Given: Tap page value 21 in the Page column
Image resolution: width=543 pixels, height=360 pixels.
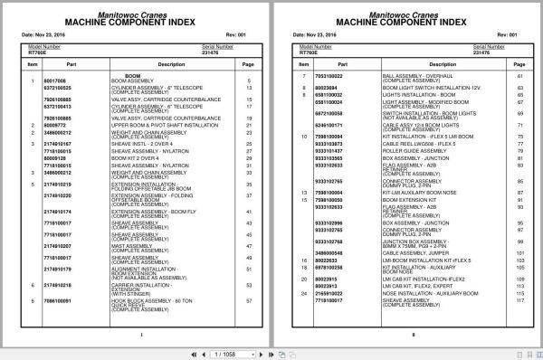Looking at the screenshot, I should [248, 126].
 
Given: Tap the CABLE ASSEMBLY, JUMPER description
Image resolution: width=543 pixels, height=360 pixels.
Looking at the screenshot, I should [412, 251].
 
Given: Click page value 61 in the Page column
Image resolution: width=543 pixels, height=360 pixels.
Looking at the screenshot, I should [519, 75].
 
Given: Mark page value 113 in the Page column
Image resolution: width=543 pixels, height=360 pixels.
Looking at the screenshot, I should [519, 286].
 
